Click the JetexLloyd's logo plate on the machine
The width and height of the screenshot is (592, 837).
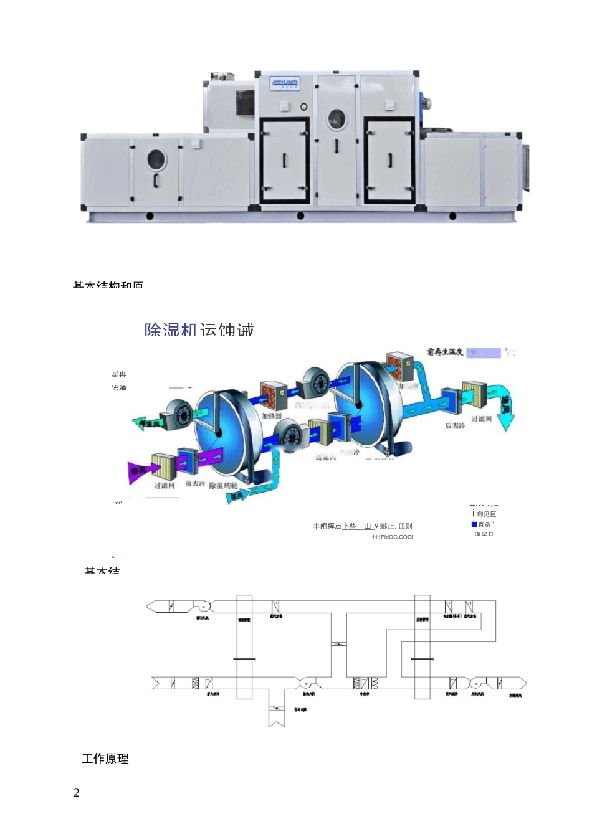[x=285, y=83]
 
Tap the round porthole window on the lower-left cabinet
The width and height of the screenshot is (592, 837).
[x=157, y=159]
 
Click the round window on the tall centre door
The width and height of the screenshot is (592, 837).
[x=337, y=119]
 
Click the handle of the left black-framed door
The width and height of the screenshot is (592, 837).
[x=285, y=161]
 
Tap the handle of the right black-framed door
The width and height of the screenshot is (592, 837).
[x=391, y=160]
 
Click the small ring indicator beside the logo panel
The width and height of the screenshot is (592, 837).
[x=304, y=106]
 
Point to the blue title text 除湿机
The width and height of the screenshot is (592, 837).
[x=171, y=329]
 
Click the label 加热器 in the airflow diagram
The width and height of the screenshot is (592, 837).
[x=272, y=415]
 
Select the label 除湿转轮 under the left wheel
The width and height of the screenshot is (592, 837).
[x=223, y=485]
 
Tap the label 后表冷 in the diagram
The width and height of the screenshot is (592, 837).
[x=455, y=425]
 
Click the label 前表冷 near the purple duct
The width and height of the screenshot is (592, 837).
[x=195, y=484]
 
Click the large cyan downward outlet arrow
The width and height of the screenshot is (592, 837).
[x=505, y=410]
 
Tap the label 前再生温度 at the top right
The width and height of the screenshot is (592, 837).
[x=445, y=352]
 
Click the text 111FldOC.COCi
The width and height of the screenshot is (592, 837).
[x=392, y=537]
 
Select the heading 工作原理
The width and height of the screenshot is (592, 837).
[x=105, y=759]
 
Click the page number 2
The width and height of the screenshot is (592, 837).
[x=77, y=793]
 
